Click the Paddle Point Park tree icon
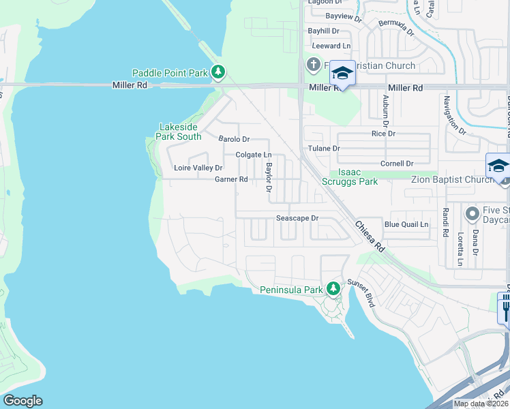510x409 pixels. click(218, 72)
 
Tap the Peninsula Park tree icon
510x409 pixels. click(333, 289)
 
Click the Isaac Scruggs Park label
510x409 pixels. click(354, 177)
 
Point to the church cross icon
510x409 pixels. click(313, 65)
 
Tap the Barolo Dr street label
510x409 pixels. click(234, 138)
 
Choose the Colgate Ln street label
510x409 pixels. click(254, 155)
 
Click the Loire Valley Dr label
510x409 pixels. click(198, 168)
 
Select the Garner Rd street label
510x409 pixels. click(231, 179)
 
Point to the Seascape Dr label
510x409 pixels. click(297, 218)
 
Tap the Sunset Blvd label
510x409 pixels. click(361, 292)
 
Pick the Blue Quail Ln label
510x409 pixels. click(406, 224)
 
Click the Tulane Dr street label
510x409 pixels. click(323, 148)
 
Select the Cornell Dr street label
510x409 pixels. click(397, 164)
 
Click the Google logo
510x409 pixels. click(22, 401)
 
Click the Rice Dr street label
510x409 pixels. click(383, 134)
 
